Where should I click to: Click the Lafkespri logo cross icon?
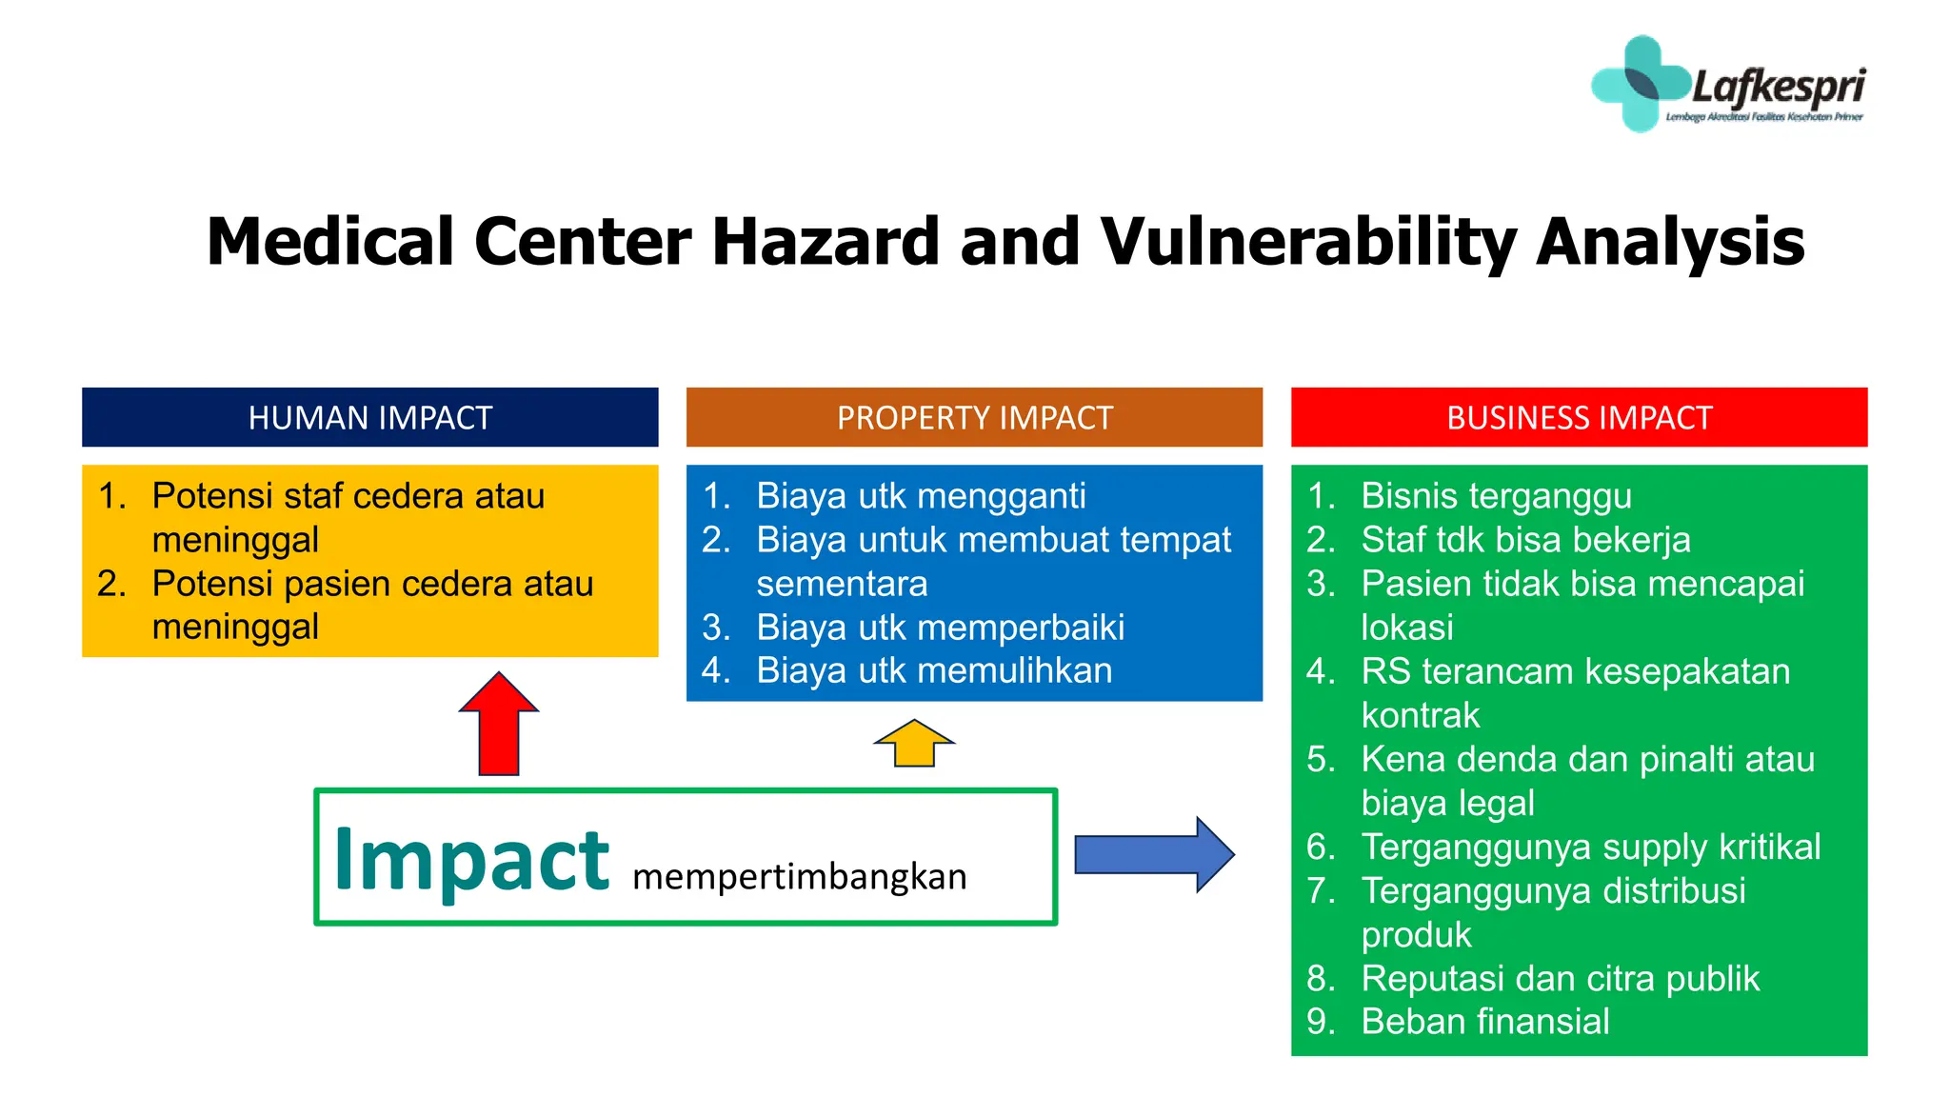click(1640, 84)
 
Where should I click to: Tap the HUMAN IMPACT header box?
click(369, 417)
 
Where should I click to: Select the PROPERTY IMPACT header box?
click(974, 417)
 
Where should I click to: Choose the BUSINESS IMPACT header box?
click(1579, 417)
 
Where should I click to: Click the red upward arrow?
click(499, 726)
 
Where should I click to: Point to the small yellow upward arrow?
click(914, 744)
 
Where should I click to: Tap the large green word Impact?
click(471, 860)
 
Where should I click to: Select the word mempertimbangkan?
click(799, 876)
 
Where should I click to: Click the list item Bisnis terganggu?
click(1496, 496)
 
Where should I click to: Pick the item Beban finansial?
click(1484, 1022)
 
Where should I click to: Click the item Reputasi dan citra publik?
click(1560, 978)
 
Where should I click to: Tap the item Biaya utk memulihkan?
click(933, 670)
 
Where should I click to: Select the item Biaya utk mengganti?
click(920, 496)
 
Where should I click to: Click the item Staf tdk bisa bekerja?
click(1525, 540)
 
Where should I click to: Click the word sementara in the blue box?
click(842, 584)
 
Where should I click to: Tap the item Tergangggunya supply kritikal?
click(1590, 847)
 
